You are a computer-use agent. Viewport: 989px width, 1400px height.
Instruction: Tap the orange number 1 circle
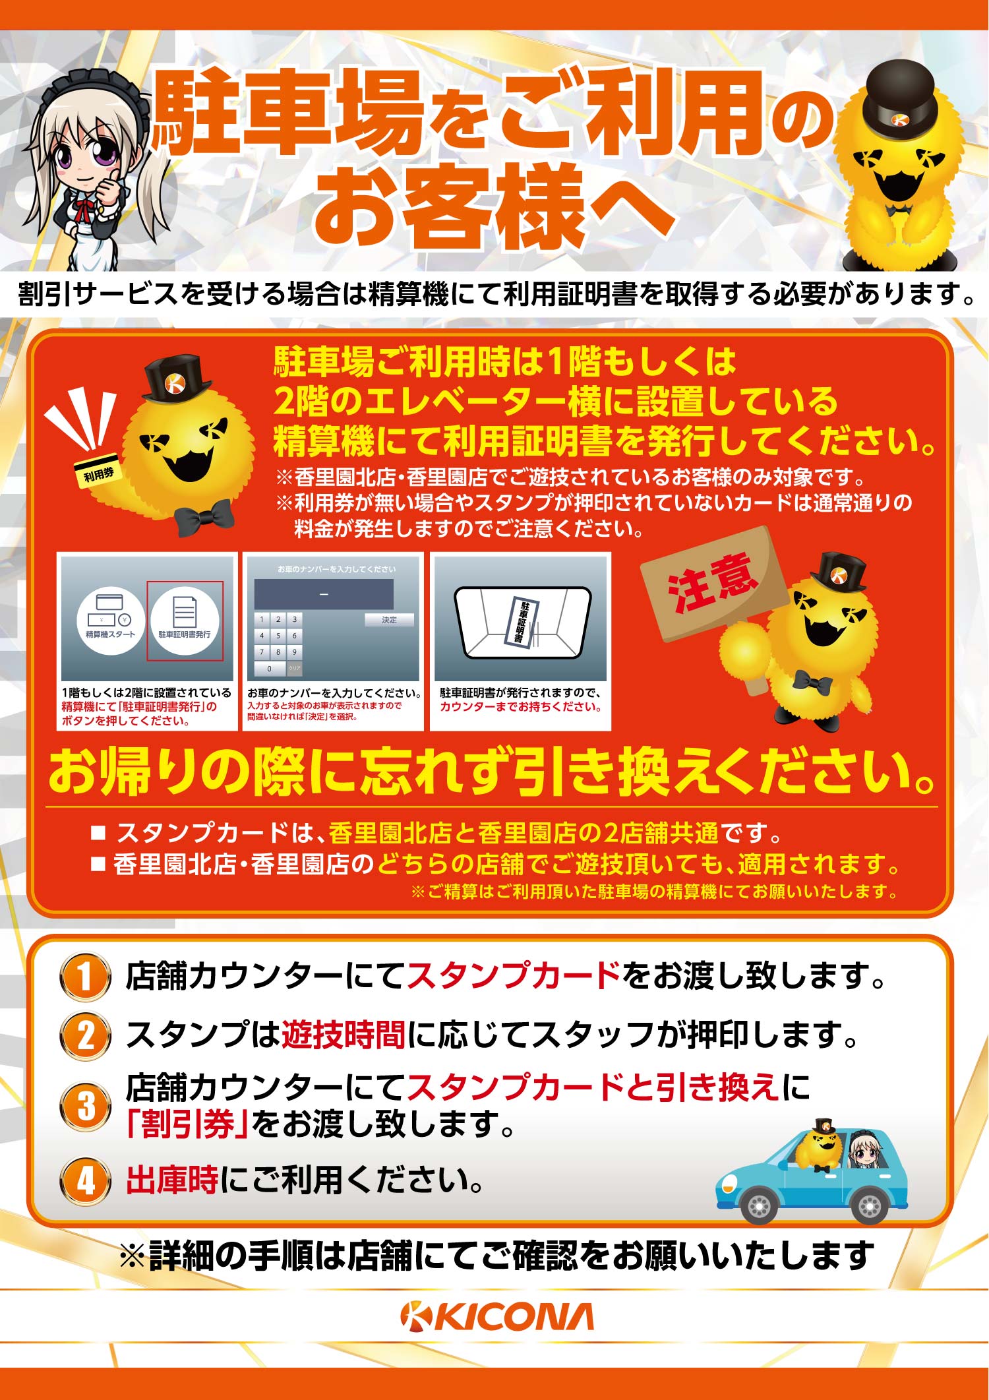84,977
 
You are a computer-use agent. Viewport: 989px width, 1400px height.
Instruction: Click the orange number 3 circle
84,1106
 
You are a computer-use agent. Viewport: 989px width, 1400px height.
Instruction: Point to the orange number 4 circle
84,1180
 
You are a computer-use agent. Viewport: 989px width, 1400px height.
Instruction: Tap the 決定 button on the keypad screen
389,620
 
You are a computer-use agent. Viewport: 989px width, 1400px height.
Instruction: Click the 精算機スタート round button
110,621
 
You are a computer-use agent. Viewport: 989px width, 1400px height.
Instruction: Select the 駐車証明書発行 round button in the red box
185,621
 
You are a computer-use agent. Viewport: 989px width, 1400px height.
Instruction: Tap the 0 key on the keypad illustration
269,669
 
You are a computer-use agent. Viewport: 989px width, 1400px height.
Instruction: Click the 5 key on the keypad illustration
278,636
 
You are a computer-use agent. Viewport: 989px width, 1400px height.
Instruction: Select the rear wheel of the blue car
869,1205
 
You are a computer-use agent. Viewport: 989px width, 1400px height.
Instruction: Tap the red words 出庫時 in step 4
172,1180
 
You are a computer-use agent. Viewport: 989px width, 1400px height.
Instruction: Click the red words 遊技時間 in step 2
344,1035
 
